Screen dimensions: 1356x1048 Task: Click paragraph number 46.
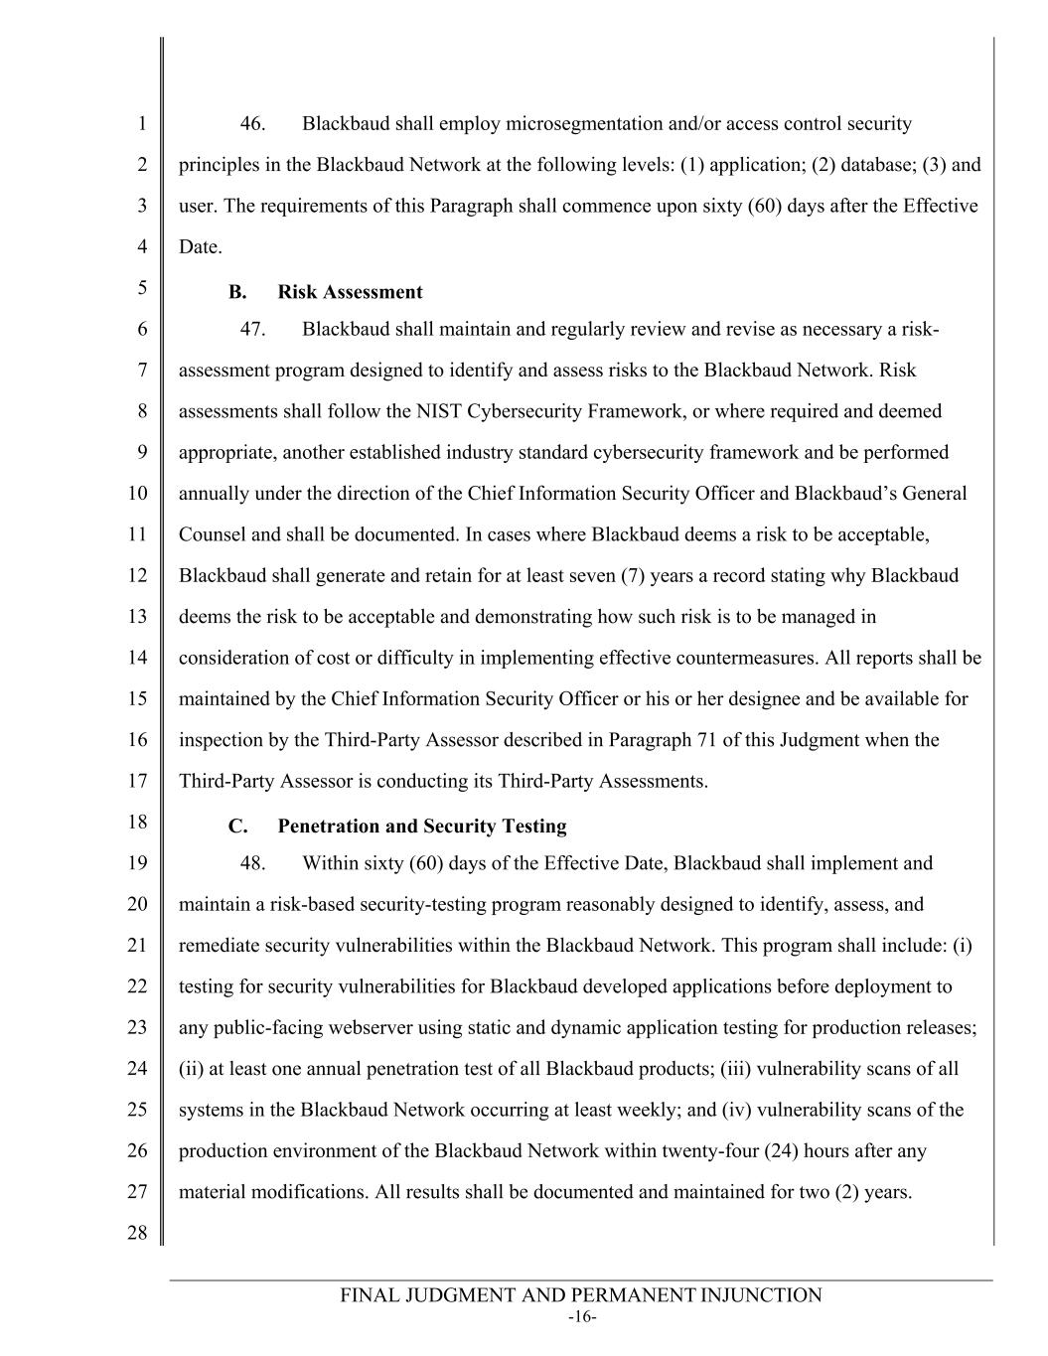pos(252,124)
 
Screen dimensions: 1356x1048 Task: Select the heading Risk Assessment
pos(350,292)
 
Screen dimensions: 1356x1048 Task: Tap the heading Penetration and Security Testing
pos(422,827)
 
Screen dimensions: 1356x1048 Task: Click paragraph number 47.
pos(252,330)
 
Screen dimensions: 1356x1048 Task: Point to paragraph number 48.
pos(252,863)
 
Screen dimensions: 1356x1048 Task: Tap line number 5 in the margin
pos(142,288)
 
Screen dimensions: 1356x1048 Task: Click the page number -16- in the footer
pos(581,1317)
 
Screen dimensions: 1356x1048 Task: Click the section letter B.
pos(236,292)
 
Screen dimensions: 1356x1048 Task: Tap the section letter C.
pos(236,827)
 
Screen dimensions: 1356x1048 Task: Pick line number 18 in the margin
pos(137,822)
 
